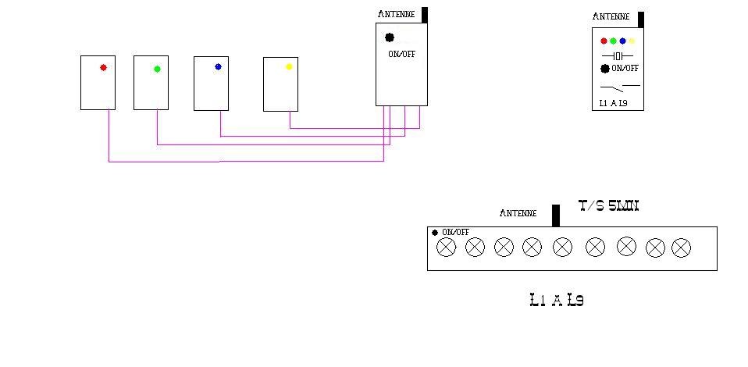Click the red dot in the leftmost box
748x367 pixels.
(103, 68)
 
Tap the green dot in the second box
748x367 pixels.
(157, 69)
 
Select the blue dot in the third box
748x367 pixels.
(218, 67)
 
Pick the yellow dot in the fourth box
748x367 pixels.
(289, 67)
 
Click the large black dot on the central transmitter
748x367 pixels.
(390, 37)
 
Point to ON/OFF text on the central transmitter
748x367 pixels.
(402, 54)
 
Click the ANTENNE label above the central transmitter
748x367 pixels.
(396, 14)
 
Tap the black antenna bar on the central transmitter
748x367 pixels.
(425, 14)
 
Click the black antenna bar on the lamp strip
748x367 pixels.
(556, 215)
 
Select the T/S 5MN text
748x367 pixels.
(609, 206)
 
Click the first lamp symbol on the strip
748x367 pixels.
(446, 248)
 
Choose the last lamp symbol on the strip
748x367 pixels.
(681, 248)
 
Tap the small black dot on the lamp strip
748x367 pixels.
(435, 232)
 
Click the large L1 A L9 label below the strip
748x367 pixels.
(556, 300)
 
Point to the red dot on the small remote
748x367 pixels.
(604, 41)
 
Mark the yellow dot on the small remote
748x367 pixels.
(632, 41)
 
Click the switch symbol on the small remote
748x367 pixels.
(620, 86)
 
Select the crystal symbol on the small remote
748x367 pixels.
(618, 56)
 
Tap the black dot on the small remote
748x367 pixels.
(605, 69)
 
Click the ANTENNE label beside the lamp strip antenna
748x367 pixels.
(518, 213)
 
